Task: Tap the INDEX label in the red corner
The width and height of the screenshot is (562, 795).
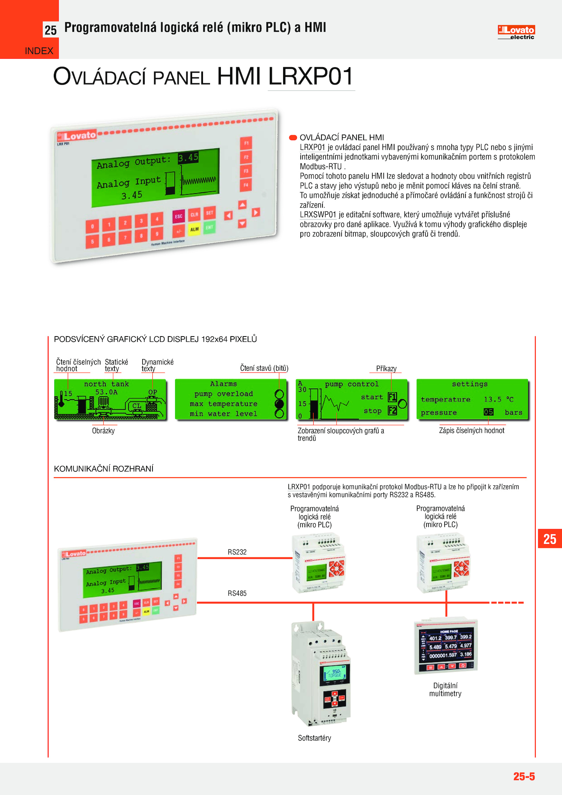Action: [39, 51]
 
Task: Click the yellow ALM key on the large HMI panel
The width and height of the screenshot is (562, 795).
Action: [194, 229]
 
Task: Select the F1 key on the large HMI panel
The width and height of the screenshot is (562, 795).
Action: [246, 143]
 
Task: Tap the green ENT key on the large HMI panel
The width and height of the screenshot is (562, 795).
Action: [210, 227]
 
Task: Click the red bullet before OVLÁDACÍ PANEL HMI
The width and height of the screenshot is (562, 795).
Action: [293, 137]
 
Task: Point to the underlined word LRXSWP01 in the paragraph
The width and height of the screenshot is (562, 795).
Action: [318, 215]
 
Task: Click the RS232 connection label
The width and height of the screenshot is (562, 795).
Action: [237, 552]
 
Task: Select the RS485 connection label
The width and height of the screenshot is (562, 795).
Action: [237, 593]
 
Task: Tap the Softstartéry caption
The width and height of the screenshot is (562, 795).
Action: [314, 738]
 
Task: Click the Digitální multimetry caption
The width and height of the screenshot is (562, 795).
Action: [445, 690]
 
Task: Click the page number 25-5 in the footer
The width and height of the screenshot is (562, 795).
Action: [524, 776]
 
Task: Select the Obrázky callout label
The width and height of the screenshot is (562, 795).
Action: [103, 431]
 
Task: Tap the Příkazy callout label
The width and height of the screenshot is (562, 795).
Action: [386, 369]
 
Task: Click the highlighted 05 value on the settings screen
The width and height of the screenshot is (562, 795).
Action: [488, 412]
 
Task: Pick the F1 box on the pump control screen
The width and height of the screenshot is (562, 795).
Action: [392, 397]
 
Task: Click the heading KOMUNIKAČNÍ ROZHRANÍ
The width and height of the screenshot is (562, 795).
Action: [104, 469]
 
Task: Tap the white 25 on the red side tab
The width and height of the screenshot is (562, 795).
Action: [550, 539]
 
